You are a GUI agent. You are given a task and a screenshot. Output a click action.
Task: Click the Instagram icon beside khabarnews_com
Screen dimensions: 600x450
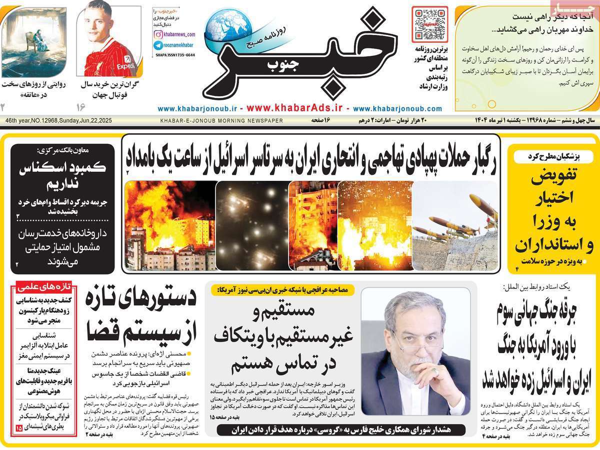158,34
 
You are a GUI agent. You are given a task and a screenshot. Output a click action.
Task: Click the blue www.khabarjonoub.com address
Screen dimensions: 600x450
397,108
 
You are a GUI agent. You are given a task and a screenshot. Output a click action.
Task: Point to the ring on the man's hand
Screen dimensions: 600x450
435,372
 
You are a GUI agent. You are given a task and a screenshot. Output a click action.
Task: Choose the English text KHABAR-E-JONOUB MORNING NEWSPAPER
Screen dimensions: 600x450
221,121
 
